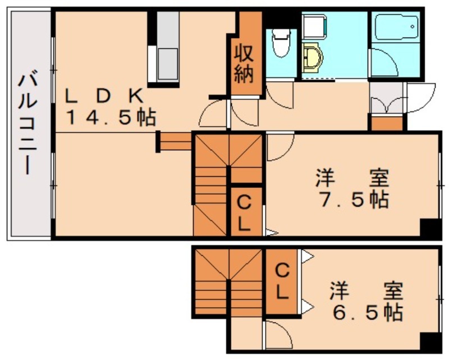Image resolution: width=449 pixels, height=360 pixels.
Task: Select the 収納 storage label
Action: click(x=245, y=65)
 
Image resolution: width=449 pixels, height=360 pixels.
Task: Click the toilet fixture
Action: click(x=279, y=41)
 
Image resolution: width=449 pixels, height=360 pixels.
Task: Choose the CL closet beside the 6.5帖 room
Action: click(x=282, y=281)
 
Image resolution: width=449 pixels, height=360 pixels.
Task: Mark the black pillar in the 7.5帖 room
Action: click(x=430, y=228)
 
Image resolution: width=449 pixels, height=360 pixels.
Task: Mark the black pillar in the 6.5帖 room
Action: click(x=430, y=341)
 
